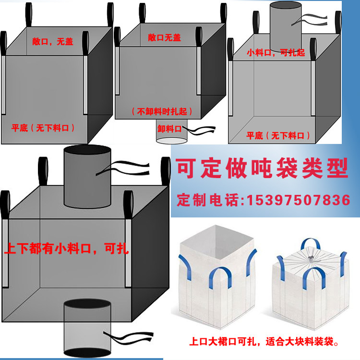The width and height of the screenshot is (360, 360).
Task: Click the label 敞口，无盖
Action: click(x=53, y=42)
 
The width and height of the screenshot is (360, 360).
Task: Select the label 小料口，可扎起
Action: click(x=276, y=53)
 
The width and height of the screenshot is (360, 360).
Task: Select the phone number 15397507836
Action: click(x=298, y=200)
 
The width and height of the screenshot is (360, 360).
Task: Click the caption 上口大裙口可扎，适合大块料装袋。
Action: click(x=264, y=343)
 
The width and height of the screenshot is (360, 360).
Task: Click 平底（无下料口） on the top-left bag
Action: click(x=44, y=128)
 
